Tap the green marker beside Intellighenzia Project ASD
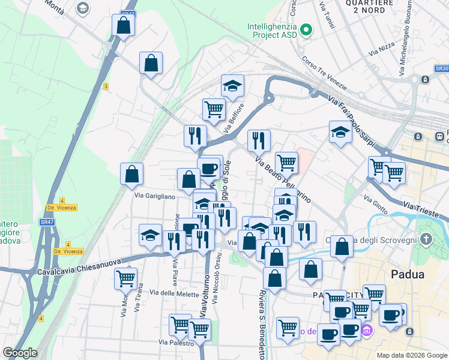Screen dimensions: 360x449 coord(306,29)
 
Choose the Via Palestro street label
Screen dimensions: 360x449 coord(176,342)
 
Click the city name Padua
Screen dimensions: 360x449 coord(408,275)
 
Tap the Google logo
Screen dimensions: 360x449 coord(20,353)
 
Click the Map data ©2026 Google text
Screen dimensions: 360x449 coord(412,355)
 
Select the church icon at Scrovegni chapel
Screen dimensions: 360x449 coord(426,241)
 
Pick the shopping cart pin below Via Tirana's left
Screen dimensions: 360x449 coord(125,278)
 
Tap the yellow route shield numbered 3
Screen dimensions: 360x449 coord(106,86)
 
